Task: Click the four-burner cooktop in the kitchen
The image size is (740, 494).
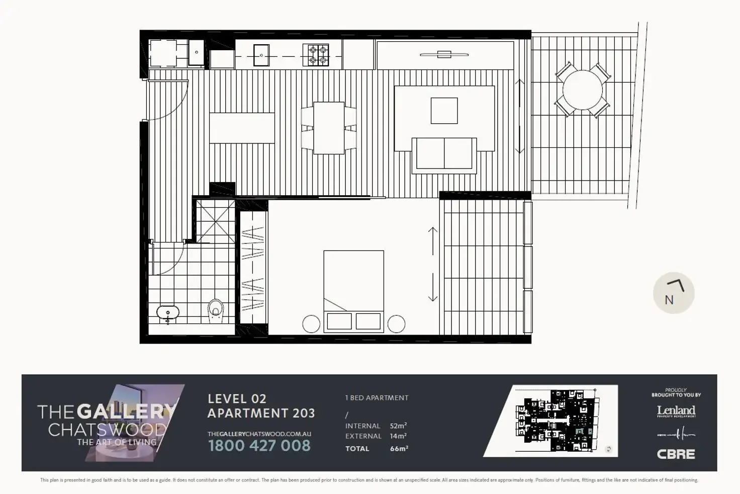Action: click(x=316, y=55)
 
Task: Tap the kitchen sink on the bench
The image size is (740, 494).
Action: click(x=261, y=55)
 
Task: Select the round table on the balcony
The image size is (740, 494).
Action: click(x=582, y=90)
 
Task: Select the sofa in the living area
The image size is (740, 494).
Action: click(x=444, y=153)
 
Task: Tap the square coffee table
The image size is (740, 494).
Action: click(x=444, y=111)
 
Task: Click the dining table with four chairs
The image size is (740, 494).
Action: click(x=329, y=128)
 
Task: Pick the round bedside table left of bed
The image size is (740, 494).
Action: click(x=311, y=323)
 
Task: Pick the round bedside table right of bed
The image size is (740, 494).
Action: click(x=396, y=323)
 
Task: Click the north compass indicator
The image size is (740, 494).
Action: click(x=674, y=294)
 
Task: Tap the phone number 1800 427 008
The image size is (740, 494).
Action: click(x=259, y=446)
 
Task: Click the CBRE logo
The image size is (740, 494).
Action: click(x=676, y=454)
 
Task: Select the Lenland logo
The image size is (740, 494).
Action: click(x=676, y=411)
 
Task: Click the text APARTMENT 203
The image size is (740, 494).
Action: click(x=261, y=414)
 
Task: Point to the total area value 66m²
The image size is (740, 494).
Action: click(x=399, y=449)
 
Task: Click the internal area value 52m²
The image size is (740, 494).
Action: click(x=398, y=426)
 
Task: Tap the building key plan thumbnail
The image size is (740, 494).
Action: click(x=551, y=421)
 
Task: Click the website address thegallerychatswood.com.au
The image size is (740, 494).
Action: click(x=259, y=434)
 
